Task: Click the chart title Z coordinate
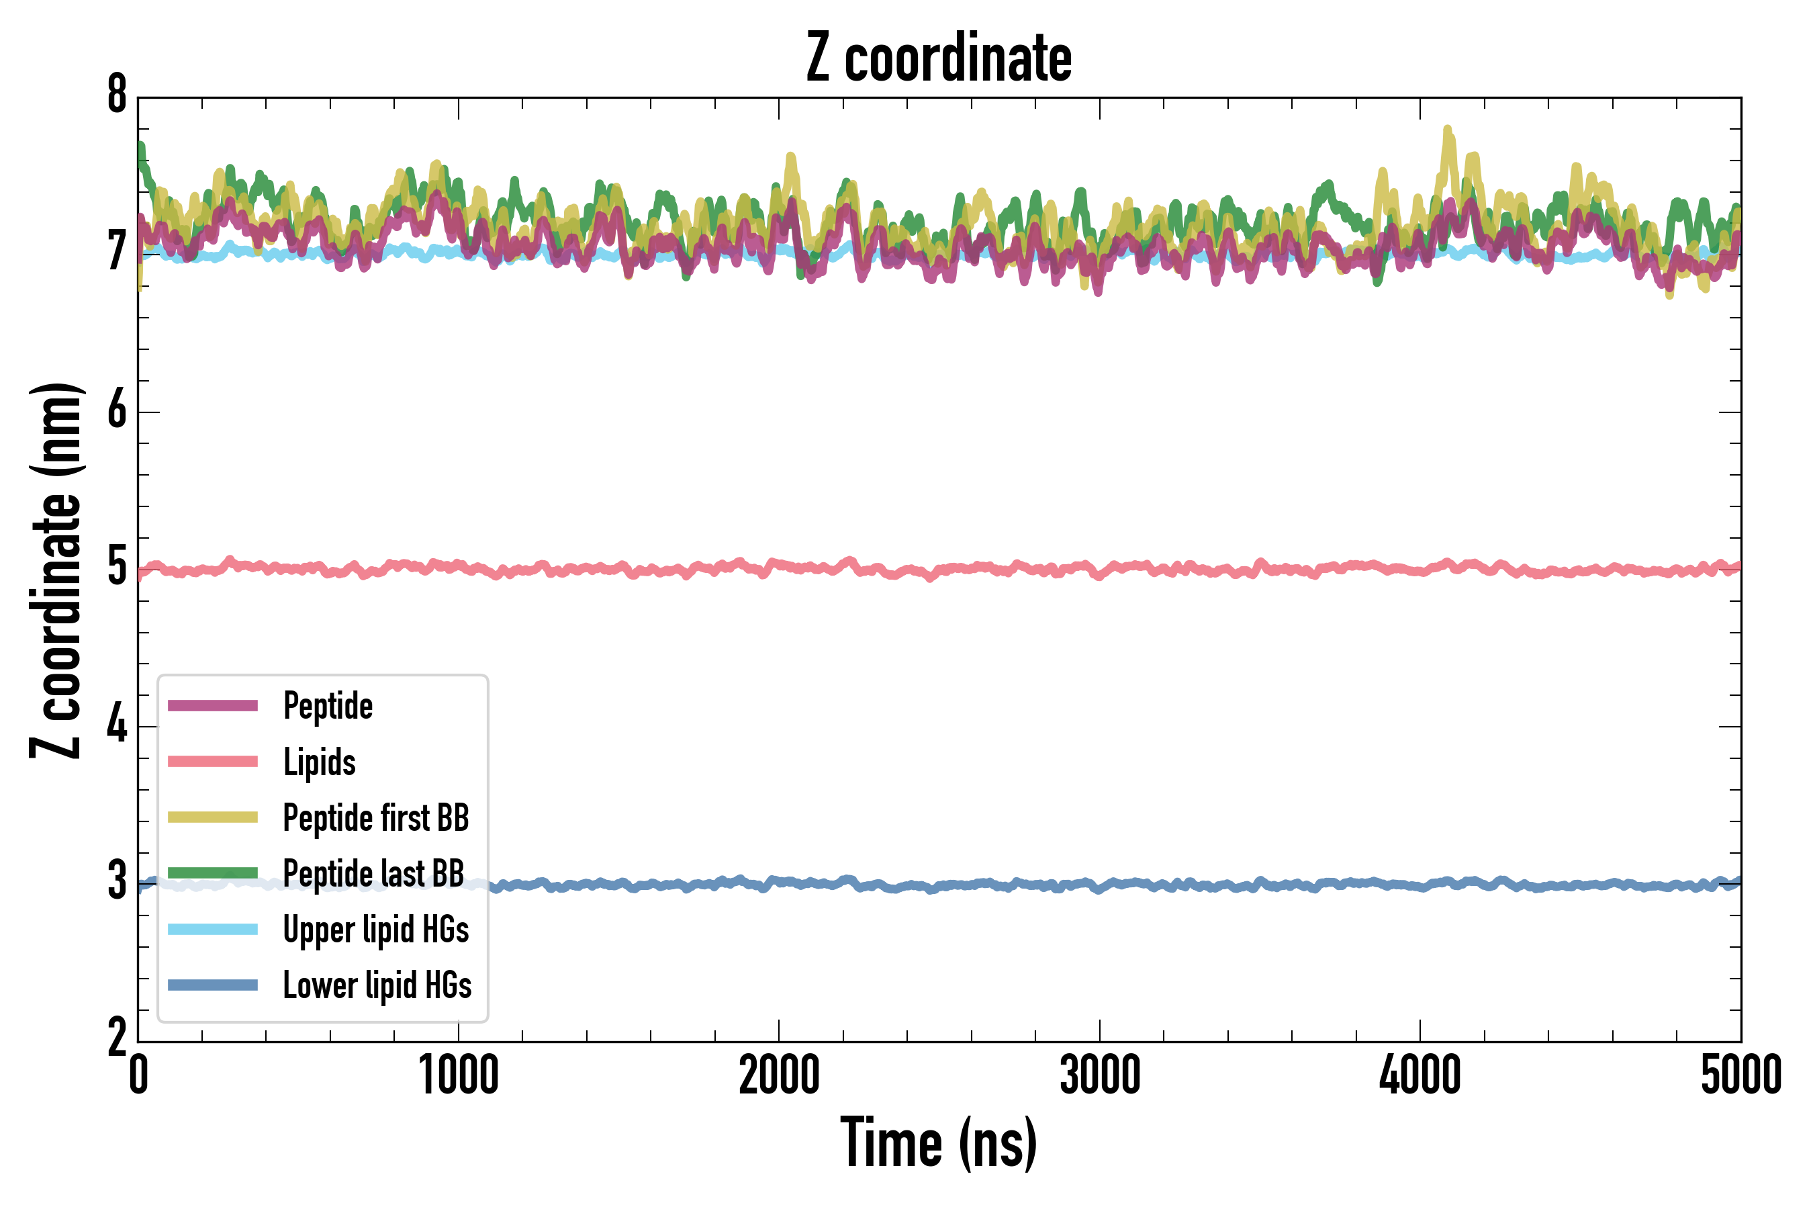coord(938,58)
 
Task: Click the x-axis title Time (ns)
coord(938,1143)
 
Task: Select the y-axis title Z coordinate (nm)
coord(56,570)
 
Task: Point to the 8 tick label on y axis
coord(117,95)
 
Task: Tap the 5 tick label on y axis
coord(117,568)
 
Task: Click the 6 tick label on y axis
coord(117,410)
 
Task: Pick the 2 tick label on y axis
coord(117,1038)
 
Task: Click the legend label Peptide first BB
coord(376,818)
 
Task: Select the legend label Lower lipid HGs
coord(377,986)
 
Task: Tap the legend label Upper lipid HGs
coord(376,930)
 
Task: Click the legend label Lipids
coord(320,762)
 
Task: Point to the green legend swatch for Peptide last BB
coord(213,872)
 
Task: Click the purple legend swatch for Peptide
coord(213,705)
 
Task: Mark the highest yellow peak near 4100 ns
coord(1447,130)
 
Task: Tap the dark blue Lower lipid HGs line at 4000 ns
coord(1420,886)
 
